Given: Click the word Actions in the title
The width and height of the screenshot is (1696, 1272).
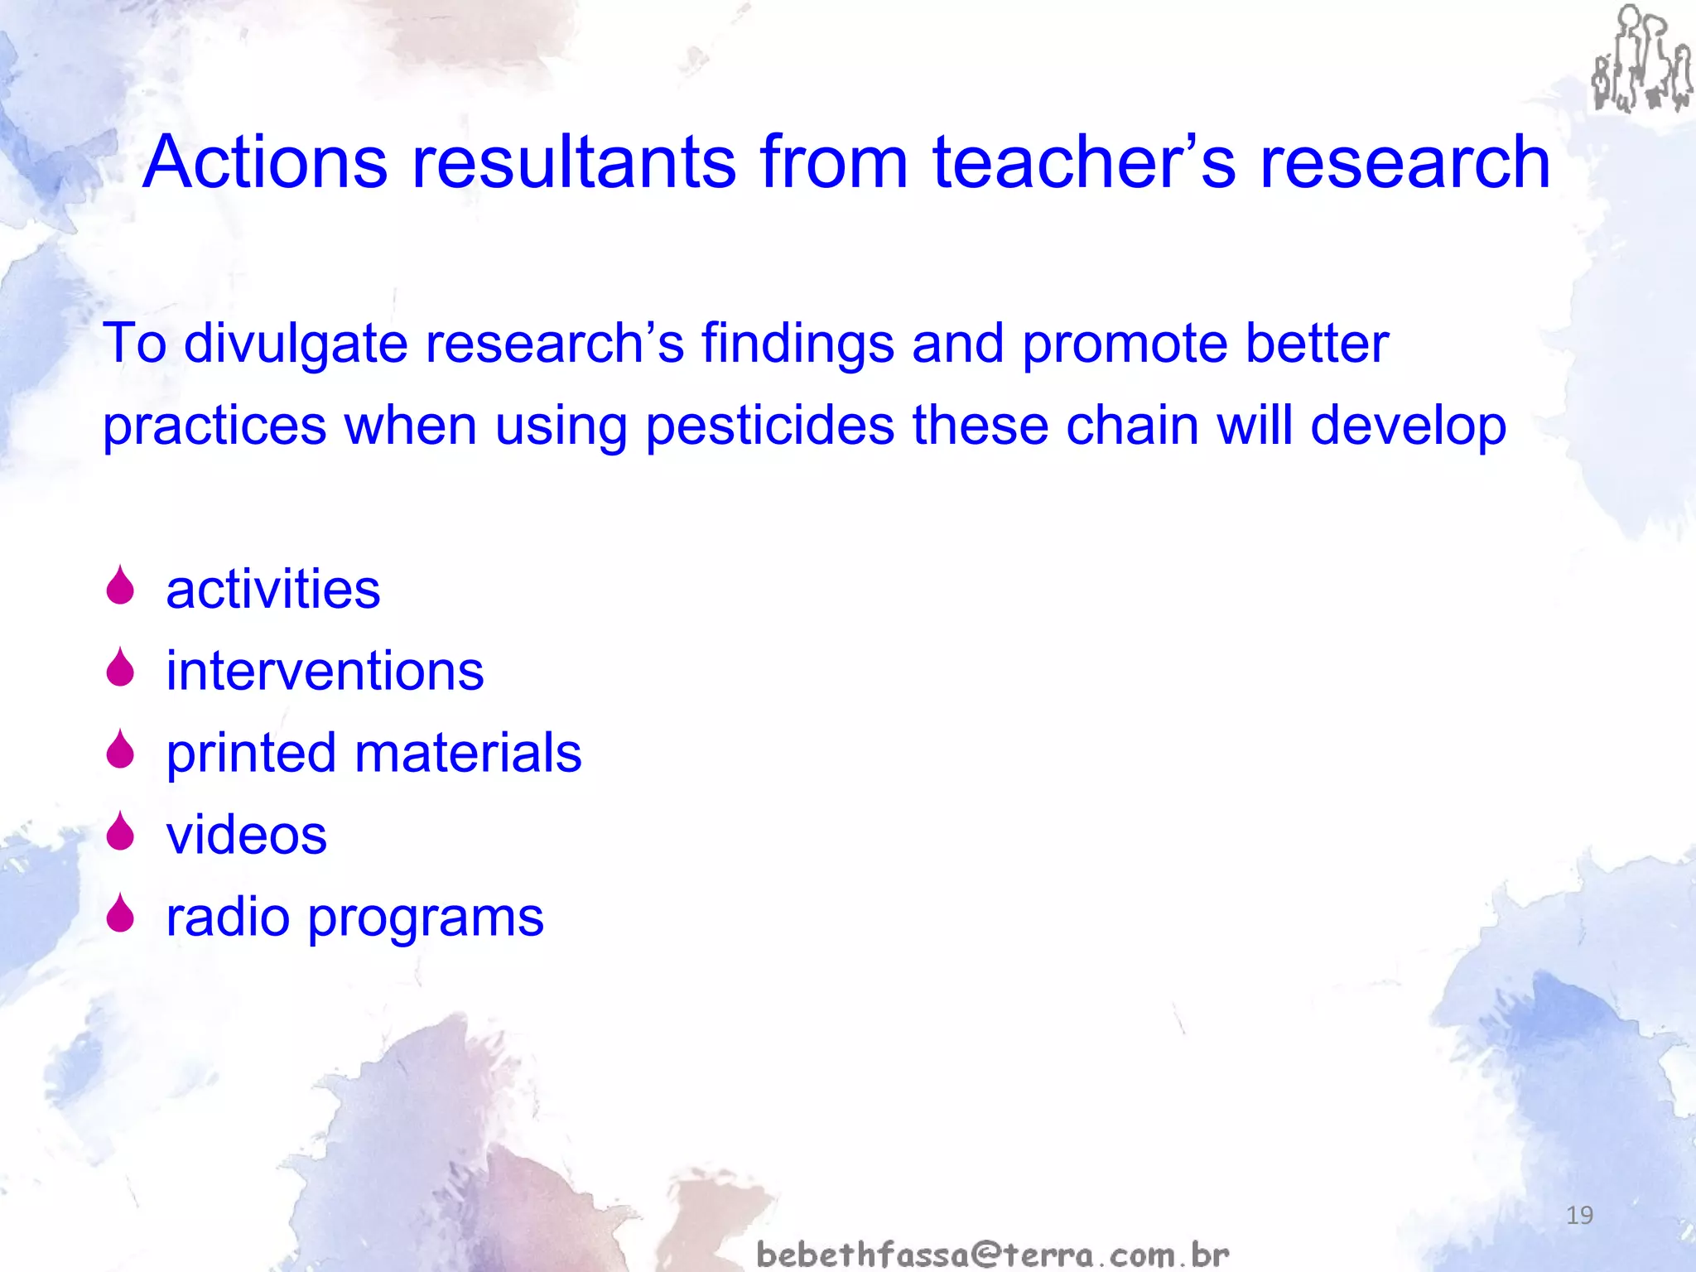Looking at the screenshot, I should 265,162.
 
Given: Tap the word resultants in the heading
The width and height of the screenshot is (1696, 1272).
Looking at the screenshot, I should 574,162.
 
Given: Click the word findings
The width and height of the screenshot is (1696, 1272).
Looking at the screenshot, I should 797,344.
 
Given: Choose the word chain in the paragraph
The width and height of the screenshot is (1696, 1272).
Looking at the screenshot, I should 1131,426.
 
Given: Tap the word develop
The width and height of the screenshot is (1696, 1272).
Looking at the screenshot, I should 1408,427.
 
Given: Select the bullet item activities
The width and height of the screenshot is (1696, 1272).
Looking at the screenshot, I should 272,590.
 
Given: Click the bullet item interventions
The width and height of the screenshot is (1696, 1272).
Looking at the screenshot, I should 325,671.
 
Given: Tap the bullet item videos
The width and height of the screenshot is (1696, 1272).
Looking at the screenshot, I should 246,835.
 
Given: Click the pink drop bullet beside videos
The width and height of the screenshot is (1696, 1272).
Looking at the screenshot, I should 121,831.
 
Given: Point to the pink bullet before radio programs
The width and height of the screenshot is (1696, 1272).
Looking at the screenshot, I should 121,913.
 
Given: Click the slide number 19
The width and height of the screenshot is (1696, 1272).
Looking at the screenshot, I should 1579,1216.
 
